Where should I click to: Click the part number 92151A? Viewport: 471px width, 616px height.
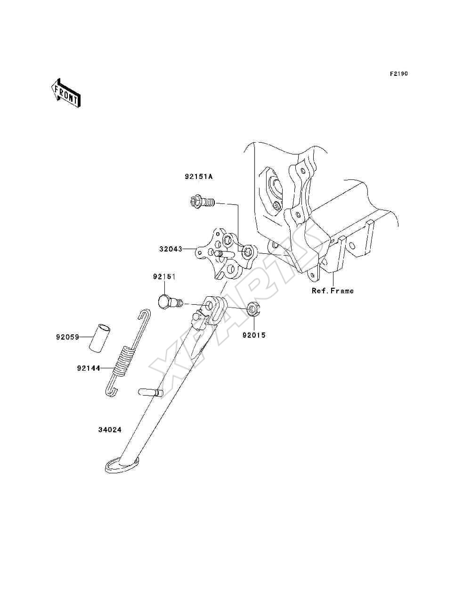[x=198, y=177]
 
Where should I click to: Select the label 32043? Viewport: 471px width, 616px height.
[x=171, y=249]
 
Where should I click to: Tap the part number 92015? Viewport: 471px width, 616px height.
[x=254, y=335]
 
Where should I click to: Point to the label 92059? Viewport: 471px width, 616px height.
[x=68, y=337]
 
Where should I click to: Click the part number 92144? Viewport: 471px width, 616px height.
[x=89, y=368]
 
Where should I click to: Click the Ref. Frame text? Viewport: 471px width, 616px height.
[x=333, y=291]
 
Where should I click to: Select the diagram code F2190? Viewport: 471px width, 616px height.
[x=398, y=74]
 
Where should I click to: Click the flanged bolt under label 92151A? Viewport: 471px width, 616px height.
[x=201, y=202]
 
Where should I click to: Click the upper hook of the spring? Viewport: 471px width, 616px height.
[x=145, y=315]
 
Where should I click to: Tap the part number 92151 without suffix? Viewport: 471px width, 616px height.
[x=164, y=276]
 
